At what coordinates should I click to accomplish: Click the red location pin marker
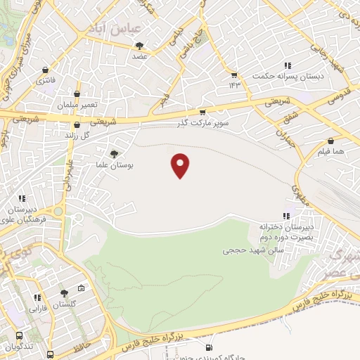[x=181, y=165]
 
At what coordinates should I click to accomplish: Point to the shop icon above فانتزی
[x=46, y=70]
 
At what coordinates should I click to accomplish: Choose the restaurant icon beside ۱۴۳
[x=234, y=75]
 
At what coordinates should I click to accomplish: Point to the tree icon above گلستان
[x=64, y=293]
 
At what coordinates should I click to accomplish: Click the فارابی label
[x=37, y=308]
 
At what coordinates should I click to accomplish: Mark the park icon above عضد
[x=139, y=46]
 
